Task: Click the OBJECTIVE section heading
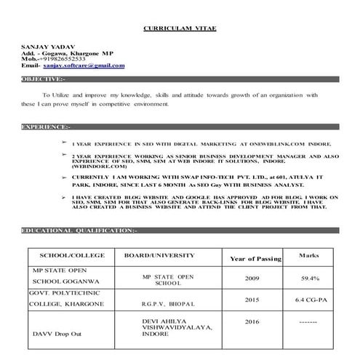coord(44,78)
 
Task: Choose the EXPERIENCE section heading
coord(46,127)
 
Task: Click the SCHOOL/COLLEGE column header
coord(72,255)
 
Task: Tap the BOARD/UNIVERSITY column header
coord(159,255)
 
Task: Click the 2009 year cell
coord(251,279)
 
